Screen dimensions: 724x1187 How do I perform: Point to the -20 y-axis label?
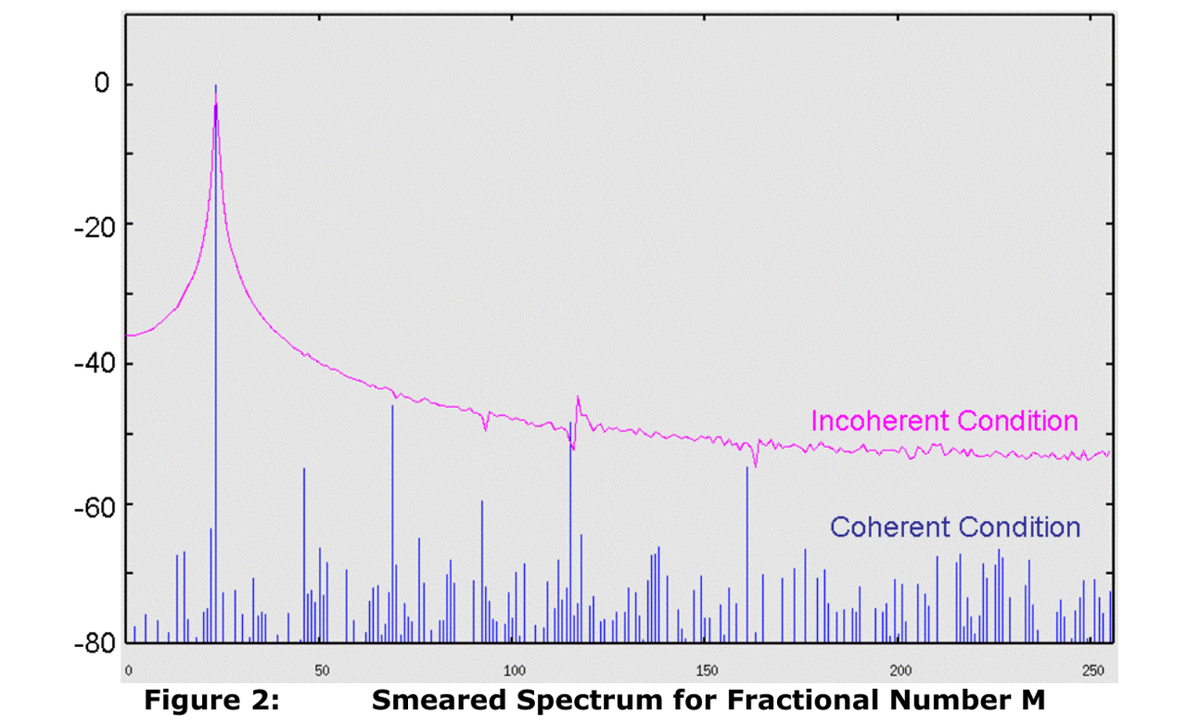(x=92, y=224)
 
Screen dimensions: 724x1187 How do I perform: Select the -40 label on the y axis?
(x=92, y=363)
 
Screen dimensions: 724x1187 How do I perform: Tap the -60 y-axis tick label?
(x=92, y=504)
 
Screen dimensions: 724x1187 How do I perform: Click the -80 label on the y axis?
(x=92, y=643)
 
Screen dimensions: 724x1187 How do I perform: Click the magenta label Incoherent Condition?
(x=944, y=421)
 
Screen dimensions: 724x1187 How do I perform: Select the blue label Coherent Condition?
(x=954, y=527)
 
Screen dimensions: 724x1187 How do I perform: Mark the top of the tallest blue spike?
(x=216, y=86)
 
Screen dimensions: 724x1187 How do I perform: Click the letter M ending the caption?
(x=1031, y=702)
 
